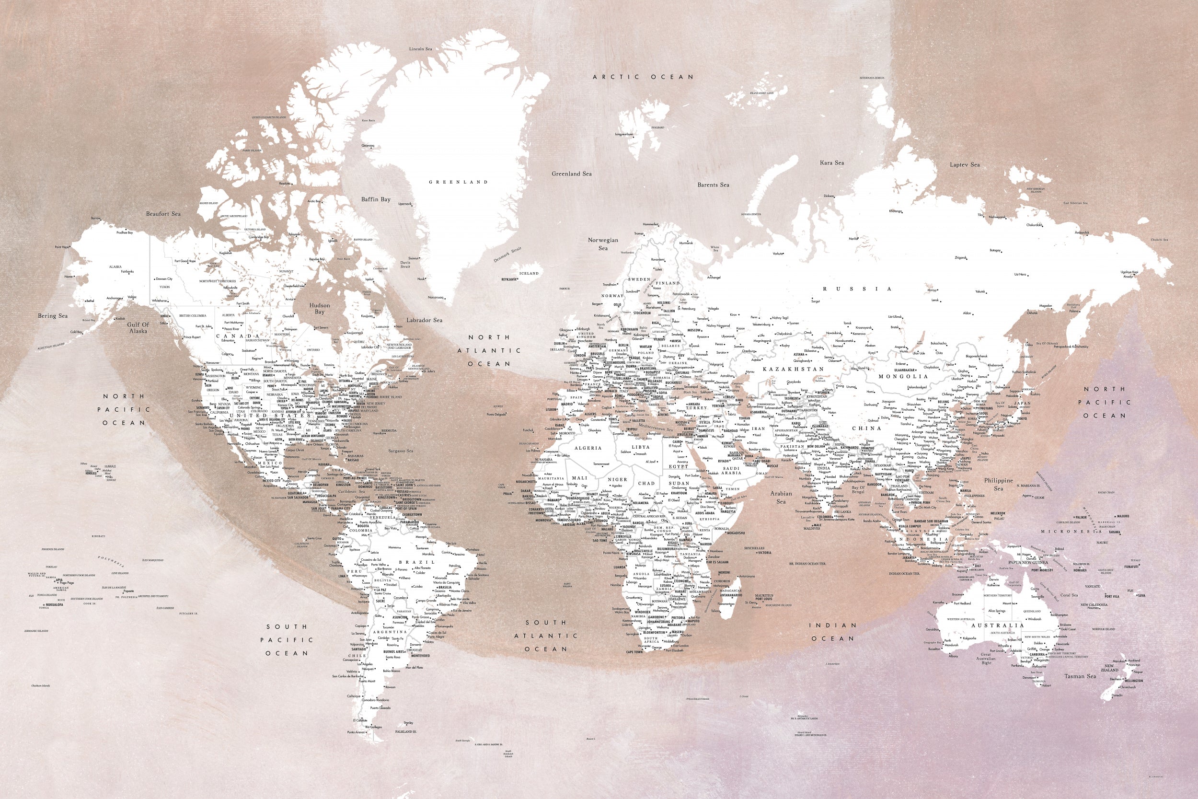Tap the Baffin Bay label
(375, 199)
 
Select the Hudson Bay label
(319, 308)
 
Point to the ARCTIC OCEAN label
(643, 77)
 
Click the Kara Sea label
(832, 162)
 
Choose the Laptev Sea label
(965, 164)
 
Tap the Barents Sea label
(713, 185)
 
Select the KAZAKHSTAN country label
(793, 369)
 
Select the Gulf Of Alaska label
(138, 328)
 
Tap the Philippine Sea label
(998, 484)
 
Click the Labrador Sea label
(424, 321)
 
